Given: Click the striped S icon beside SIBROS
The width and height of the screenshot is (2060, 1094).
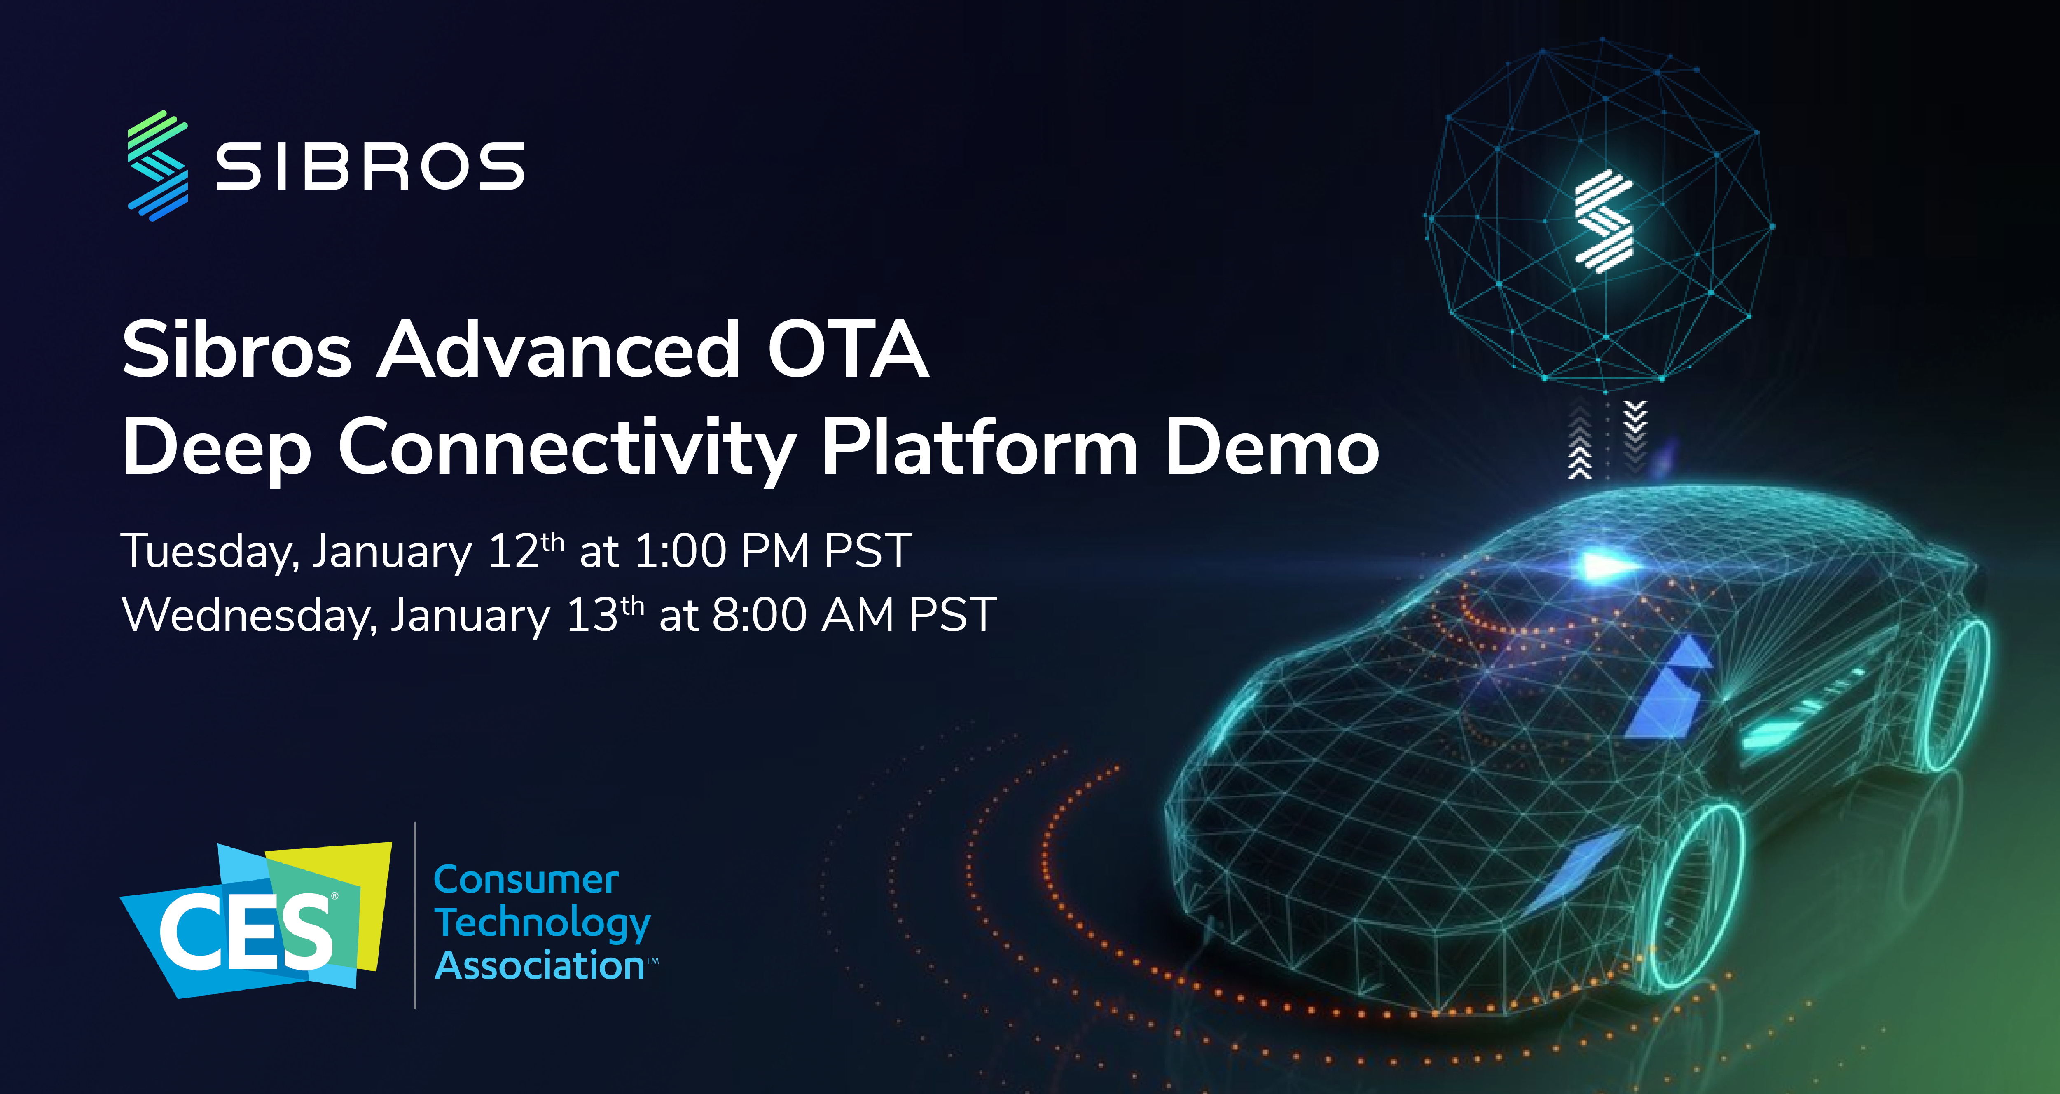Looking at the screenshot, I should coord(157,166).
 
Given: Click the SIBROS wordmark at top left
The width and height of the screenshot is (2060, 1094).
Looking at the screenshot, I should coord(369,167).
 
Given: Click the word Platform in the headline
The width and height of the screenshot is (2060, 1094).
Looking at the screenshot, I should coord(980,448).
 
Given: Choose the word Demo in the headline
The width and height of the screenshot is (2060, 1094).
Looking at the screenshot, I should coord(1272,448).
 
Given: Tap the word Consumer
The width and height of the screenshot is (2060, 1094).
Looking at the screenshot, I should coord(525,880).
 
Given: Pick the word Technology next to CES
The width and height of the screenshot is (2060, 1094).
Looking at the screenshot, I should coord(542,924).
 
